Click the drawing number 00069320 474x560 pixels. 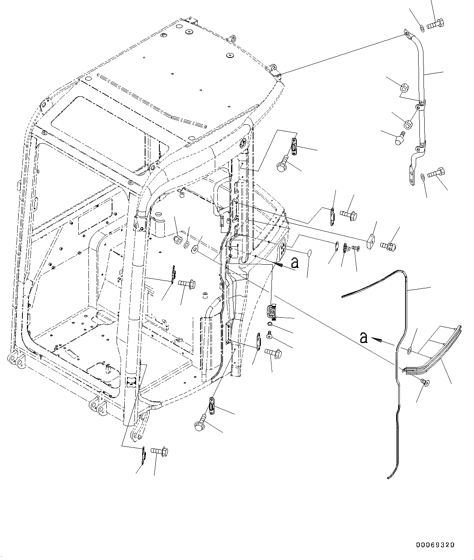pos(435,545)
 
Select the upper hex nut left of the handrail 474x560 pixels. pos(405,87)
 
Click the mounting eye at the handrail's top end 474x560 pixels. pos(406,33)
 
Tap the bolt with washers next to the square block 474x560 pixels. pos(387,246)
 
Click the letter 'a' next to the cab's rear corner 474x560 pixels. pos(294,263)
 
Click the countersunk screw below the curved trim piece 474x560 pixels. pos(426,382)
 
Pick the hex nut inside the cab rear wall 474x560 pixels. pos(178,238)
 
